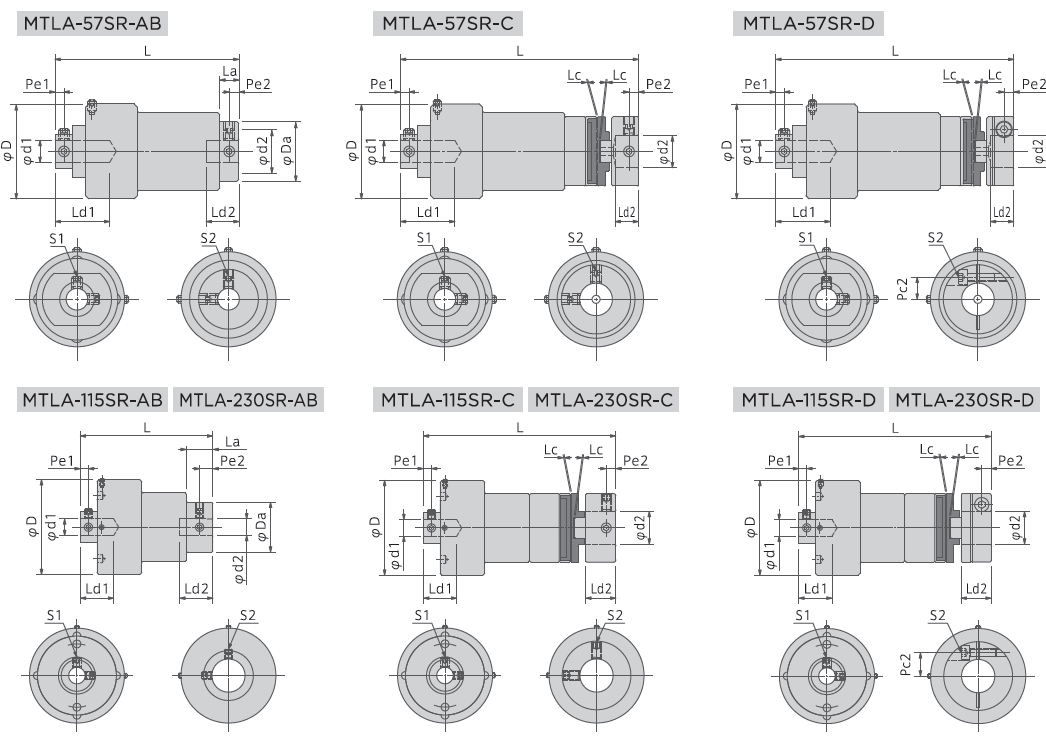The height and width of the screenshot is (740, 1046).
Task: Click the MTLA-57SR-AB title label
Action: pyautogui.click(x=91, y=24)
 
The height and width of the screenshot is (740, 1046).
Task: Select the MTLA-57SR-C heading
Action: pyautogui.click(x=448, y=24)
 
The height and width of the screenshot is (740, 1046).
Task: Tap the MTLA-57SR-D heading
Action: pyautogui.click(x=808, y=24)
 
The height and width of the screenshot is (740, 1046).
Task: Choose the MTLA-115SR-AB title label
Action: pyautogui.click(x=93, y=400)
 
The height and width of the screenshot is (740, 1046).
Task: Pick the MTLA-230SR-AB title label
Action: pyautogui.click(x=249, y=400)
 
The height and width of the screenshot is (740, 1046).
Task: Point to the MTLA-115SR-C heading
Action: pyautogui.click(x=448, y=400)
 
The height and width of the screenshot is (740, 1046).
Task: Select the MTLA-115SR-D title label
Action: pyautogui.click(x=809, y=400)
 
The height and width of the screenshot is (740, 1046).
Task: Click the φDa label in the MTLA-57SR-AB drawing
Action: pyautogui.click(x=287, y=151)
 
